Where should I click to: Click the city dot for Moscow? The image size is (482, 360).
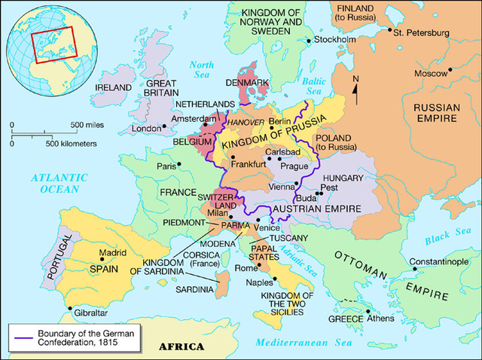click(450, 70)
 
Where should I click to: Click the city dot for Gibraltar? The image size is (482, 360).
click(69, 309)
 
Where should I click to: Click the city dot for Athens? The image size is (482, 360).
click(369, 319)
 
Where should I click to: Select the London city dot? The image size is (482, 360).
click(164, 126)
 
